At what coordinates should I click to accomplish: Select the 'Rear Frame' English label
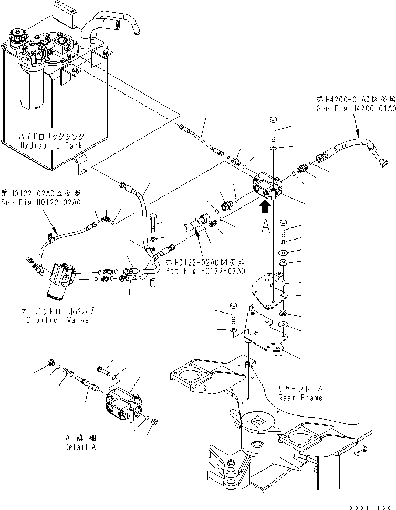(300, 398)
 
